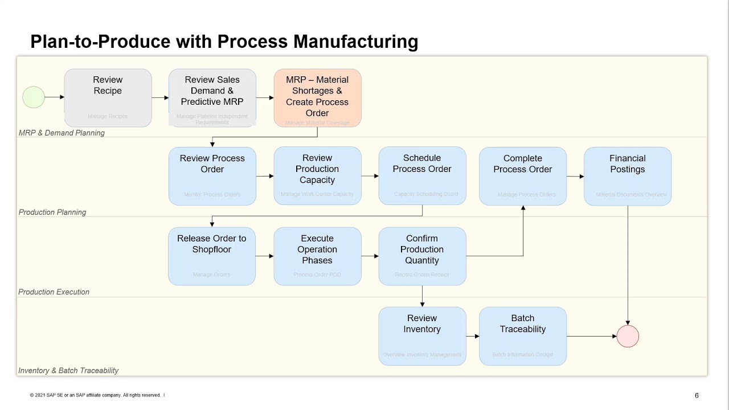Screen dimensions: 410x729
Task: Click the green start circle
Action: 34,97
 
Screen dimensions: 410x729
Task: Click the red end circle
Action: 628,337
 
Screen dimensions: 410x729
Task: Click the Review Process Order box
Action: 212,176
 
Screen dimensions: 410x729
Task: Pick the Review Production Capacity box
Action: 317,176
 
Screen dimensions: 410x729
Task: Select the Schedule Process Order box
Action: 422,176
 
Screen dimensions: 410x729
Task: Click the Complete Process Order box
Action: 522,176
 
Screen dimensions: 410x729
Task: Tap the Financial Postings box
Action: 627,176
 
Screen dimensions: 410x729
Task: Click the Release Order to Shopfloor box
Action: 211,256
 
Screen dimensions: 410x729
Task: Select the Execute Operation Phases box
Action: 317,256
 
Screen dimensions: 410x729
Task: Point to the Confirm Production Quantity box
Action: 422,256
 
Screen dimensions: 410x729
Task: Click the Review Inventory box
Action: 422,336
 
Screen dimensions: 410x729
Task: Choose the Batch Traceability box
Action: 522,336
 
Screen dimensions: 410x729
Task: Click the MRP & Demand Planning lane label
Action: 62,133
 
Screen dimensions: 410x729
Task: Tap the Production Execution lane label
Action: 54,292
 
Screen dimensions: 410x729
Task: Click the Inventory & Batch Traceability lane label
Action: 68,371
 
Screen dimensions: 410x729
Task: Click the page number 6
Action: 697,395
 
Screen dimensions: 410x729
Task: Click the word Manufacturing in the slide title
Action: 355,42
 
